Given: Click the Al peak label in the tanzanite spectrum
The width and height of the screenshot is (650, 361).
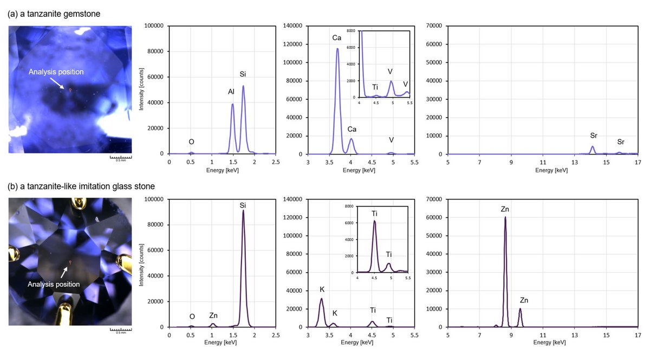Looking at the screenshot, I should pos(231,92).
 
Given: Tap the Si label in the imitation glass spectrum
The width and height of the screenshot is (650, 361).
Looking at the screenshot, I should pos(243,205).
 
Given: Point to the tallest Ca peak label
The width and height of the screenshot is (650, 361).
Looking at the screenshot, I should pos(337,38).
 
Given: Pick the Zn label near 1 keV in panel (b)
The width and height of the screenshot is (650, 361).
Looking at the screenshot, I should pos(213,315).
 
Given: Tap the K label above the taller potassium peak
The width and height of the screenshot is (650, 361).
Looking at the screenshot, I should pos(321,289).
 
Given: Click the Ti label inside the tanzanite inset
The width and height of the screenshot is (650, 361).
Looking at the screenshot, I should pos(375,87).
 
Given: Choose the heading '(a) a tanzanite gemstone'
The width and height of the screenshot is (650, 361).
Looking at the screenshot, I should pos(54,14).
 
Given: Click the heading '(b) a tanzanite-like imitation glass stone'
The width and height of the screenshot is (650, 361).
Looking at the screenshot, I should pos(81,186).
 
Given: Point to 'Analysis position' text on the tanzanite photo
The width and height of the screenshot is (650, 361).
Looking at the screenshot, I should pos(56,72).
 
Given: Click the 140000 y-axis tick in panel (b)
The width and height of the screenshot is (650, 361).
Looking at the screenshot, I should pos(292,199).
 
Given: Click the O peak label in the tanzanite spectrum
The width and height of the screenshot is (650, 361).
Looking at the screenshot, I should pos(191,142).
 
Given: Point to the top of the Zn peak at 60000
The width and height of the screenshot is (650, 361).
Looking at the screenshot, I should pos(505,217).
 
